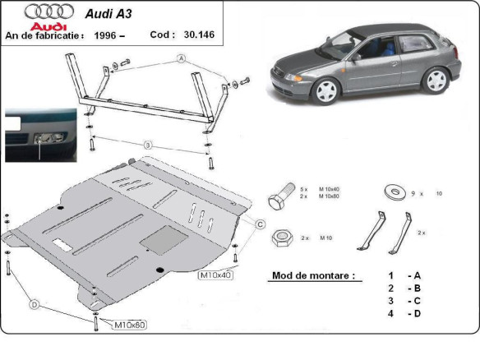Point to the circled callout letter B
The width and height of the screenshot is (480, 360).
(x=148, y=145)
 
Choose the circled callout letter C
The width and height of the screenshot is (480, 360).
(x=258, y=224)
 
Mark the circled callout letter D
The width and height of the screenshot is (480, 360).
(x=35, y=305)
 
